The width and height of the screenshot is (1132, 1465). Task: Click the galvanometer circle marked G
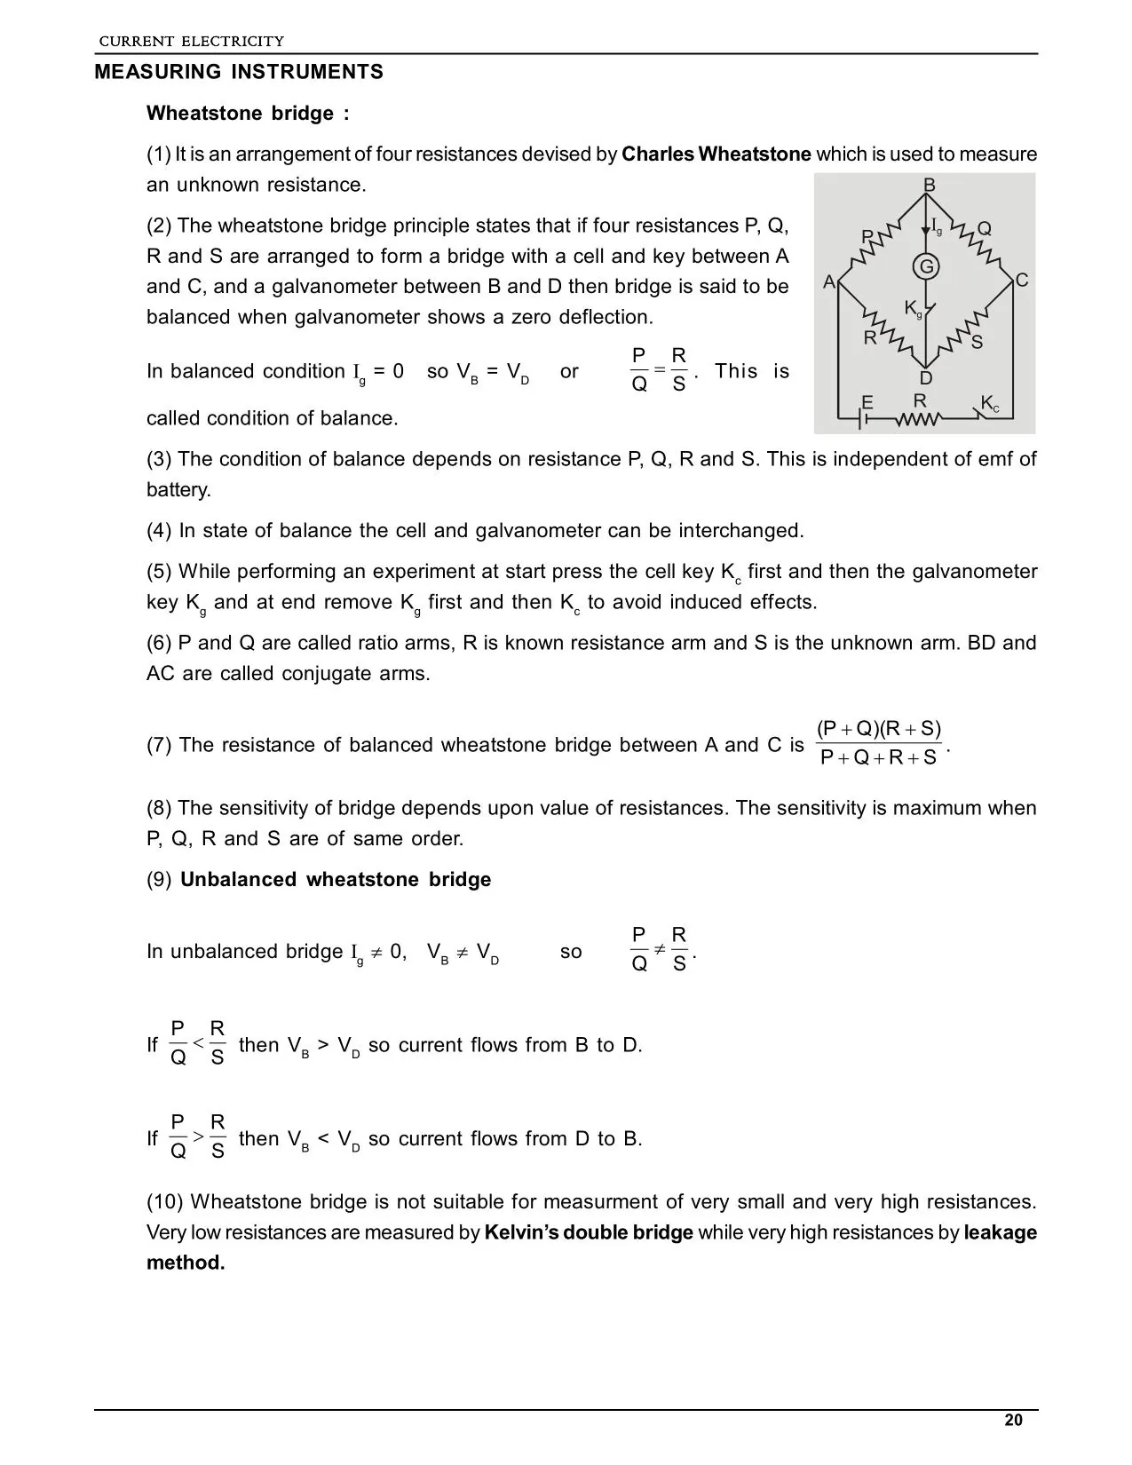[x=926, y=266]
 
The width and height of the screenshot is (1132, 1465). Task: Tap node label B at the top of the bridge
[x=930, y=185]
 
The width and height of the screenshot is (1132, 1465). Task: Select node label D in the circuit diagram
[x=926, y=378]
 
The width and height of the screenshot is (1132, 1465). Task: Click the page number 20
[x=1013, y=1420]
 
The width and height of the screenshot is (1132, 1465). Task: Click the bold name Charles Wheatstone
[x=716, y=154]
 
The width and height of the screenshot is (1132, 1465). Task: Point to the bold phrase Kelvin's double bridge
[x=589, y=1232]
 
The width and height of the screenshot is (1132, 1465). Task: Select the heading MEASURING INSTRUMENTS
[x=239, y=73]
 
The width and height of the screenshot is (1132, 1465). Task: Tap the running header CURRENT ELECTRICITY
[x=191, y=41]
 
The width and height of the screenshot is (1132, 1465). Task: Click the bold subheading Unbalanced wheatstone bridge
[x=336, y=880]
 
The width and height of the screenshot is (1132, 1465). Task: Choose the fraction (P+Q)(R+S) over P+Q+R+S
[x=879, y=743]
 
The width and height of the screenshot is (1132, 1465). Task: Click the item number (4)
[x=159, y=531]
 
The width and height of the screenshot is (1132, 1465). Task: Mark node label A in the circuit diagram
[x=829, y=282]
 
